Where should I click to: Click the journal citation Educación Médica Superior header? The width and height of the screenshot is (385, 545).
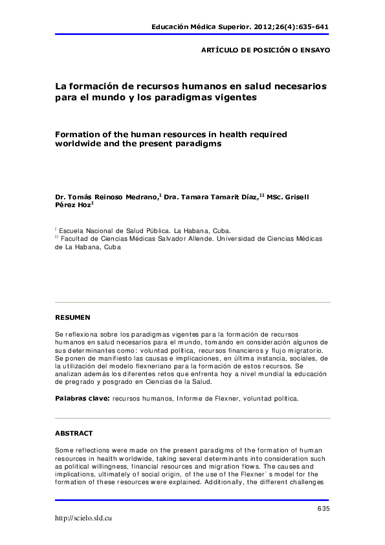point(240,27)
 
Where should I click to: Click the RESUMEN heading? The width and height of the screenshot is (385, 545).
point(72,317)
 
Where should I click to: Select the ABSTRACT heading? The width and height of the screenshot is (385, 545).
point(74,432)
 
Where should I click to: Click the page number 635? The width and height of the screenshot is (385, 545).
point(324,510)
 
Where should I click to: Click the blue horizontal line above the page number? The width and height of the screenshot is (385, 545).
point(192,500)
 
